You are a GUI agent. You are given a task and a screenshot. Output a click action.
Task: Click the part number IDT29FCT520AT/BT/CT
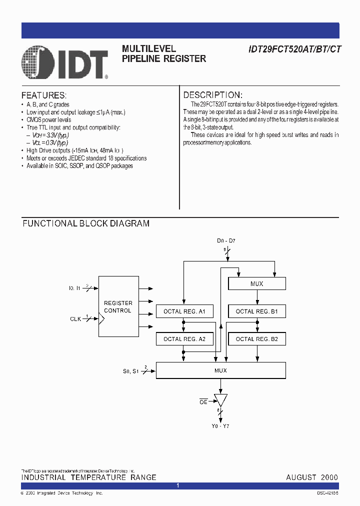(295, 49)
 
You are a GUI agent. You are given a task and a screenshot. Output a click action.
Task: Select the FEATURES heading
(44, 95)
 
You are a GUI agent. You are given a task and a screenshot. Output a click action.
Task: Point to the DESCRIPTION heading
(213, 95)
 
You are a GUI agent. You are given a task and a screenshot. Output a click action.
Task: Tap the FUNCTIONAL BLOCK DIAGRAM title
(86, 223)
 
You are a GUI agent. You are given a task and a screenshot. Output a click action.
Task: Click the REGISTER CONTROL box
(118, 306)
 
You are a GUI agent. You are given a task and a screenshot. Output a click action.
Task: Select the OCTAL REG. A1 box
(184, 311)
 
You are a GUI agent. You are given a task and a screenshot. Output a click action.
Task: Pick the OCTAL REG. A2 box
(184, 339)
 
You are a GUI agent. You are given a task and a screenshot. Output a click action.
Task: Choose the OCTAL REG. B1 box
(256, 311)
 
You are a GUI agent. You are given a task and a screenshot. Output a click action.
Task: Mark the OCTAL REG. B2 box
(256, 339)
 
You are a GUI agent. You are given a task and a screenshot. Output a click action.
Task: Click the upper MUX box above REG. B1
(256, 283)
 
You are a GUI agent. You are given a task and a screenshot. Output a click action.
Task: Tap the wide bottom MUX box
(220, 370)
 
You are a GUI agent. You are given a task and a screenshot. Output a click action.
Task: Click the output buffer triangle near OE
(220, 399)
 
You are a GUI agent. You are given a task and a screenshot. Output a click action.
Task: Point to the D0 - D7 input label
(226, 241)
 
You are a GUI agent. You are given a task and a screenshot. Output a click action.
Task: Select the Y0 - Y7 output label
(220, 426)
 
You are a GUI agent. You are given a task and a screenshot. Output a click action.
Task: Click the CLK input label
(75, 318)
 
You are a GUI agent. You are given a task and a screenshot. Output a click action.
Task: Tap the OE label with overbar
(203, 401)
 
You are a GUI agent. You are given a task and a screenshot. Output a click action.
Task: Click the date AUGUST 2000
(312, 477)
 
